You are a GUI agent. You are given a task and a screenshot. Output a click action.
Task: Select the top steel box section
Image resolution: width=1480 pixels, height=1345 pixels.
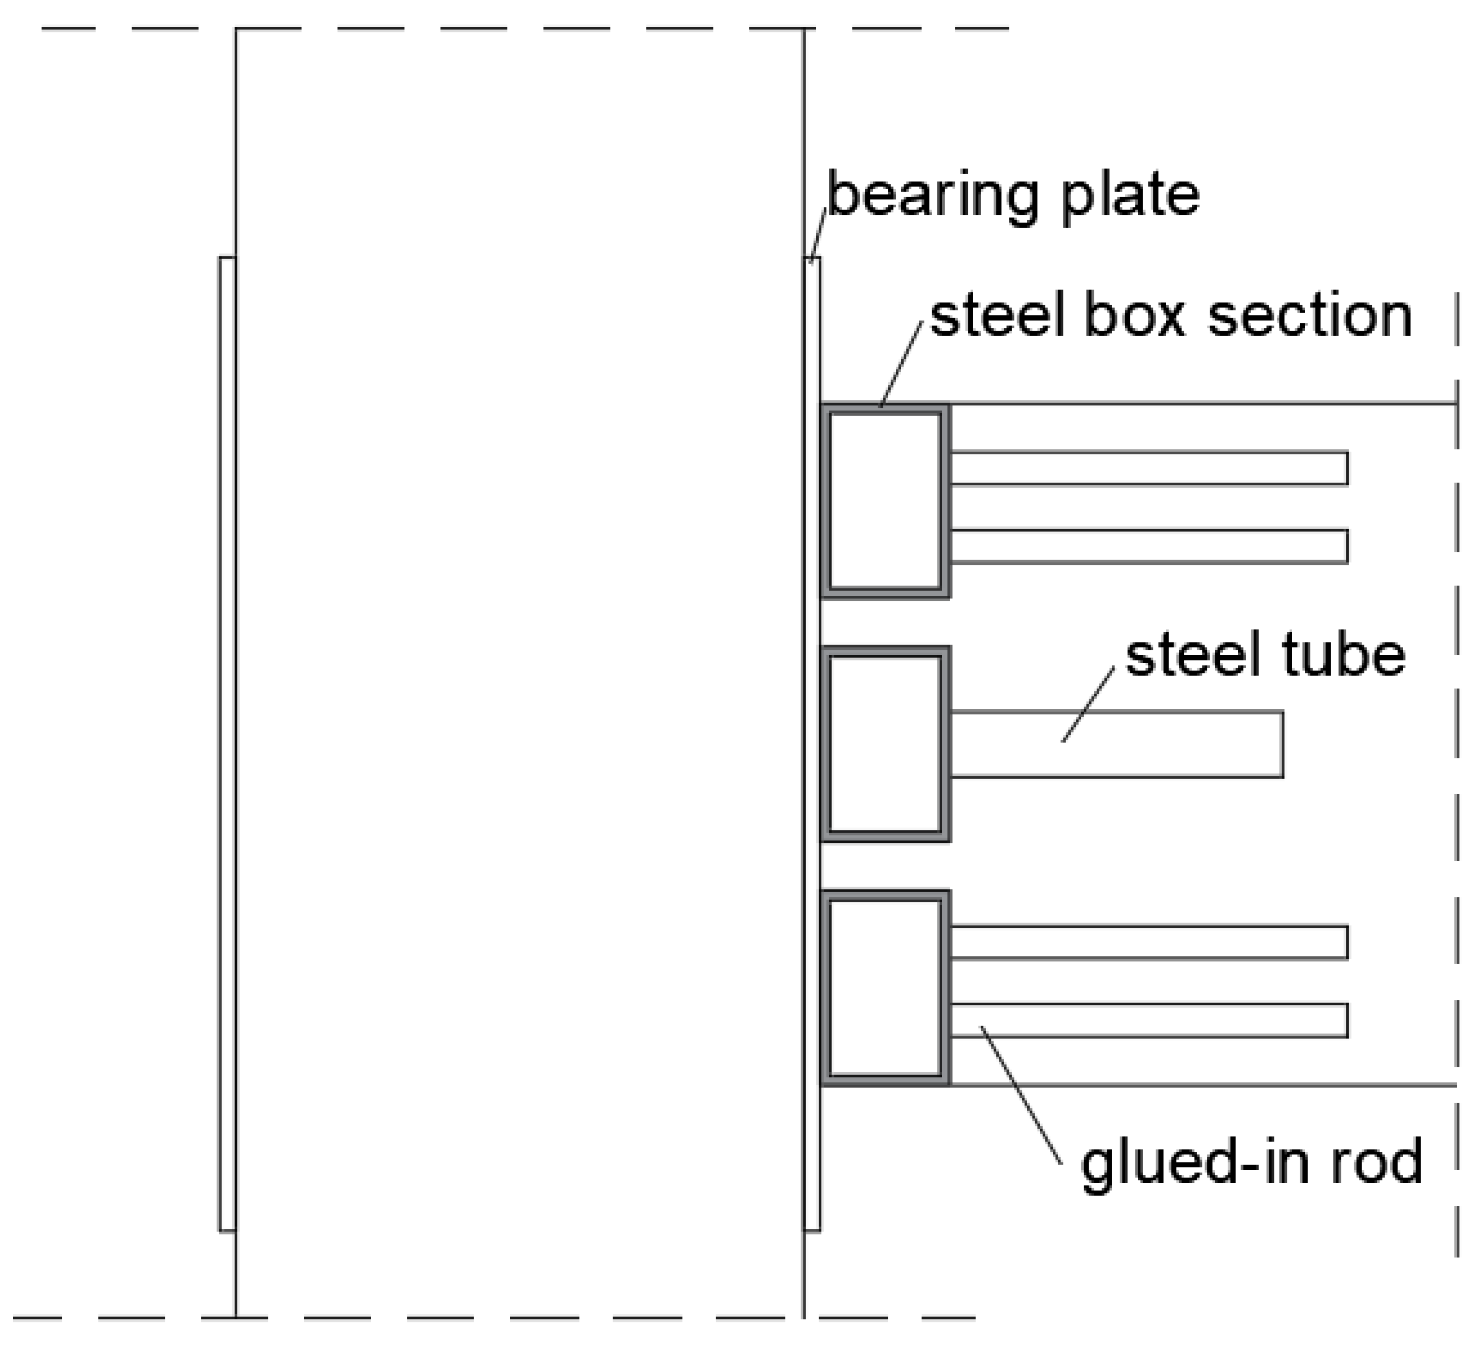click(885, 501)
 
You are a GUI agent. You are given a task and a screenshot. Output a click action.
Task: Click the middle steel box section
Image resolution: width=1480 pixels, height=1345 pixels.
click(885, 744)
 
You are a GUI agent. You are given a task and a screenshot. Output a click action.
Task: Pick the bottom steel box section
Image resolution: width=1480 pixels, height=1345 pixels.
click(885, 987)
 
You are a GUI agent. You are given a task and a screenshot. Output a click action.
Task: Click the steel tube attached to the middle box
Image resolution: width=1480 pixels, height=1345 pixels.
click(1116, 744)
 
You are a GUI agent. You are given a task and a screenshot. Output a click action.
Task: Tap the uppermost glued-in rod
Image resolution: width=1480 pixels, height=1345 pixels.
click(1149, 468)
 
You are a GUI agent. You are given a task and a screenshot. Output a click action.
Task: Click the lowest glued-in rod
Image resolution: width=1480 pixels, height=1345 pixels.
click(1149, 1021)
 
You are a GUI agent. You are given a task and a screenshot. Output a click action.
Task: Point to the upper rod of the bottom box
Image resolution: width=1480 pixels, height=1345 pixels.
click(1149, 942)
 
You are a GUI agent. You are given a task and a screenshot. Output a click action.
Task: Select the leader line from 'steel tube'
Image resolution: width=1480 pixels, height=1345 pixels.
click(1088, 705)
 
